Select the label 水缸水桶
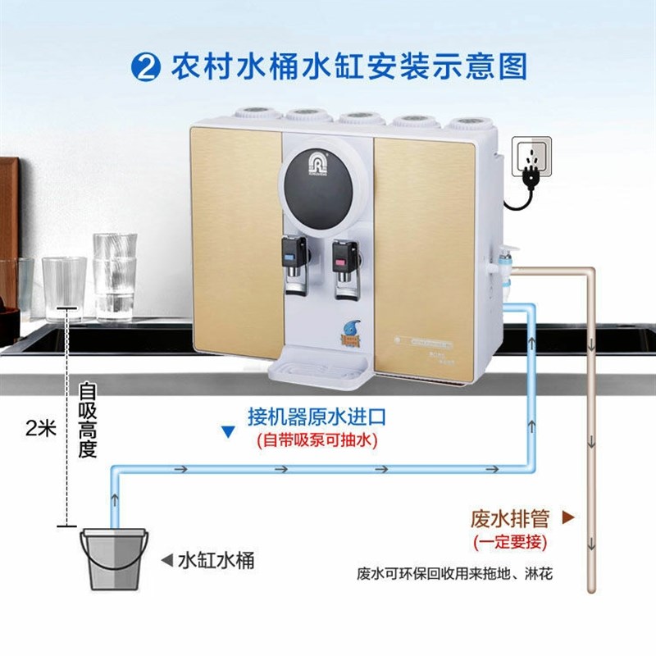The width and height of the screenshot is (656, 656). pos(216,561)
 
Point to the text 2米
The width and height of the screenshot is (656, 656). pos(41,428)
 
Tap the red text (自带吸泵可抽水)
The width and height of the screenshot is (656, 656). pos(316,440)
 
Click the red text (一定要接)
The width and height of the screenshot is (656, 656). pos(510,541)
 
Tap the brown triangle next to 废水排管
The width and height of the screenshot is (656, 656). pos(566,517)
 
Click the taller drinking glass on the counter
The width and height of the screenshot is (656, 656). pos(114,274)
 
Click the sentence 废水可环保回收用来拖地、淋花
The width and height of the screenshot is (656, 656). pos(455,572)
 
